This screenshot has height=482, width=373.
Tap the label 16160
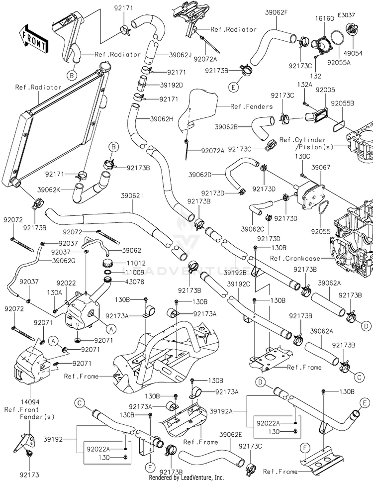point(324,19)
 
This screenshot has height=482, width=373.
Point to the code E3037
point(346,15)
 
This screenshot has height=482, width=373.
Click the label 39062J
point(180,55)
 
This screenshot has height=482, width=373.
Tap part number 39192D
point(171,85)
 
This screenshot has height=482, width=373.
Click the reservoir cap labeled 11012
point(108,263)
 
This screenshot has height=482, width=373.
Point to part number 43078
point(134,282)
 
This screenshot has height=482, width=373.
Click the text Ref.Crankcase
point(295,258)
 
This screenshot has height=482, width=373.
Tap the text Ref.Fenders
point(251,106)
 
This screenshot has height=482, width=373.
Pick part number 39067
point(321,167)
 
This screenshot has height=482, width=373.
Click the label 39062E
point(231,434)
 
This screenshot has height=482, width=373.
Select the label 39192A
point(221,411)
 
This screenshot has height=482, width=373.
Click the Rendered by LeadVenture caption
point(186,478)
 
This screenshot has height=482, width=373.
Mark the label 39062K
point(49,190)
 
